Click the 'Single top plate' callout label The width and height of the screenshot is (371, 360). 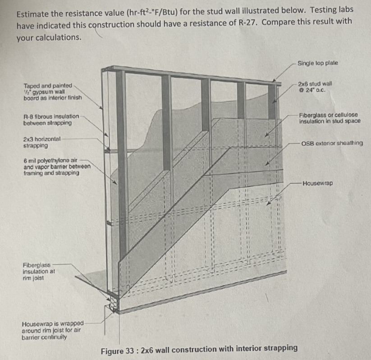(317, 63)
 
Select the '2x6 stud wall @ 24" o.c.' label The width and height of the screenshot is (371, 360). (315, 87)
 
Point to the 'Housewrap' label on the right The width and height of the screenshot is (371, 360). (318, 183)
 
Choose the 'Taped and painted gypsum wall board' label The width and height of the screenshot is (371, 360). (52, 91)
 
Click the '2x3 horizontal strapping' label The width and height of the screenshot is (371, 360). (41, 143)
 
